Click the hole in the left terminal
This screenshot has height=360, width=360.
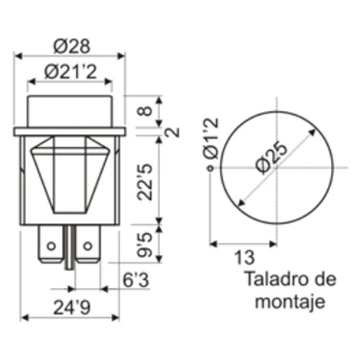(51, 246)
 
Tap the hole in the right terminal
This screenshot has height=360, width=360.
(87, 246)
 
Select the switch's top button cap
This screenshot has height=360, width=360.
(70, 110)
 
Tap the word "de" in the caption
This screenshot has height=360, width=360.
(324, 279)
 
